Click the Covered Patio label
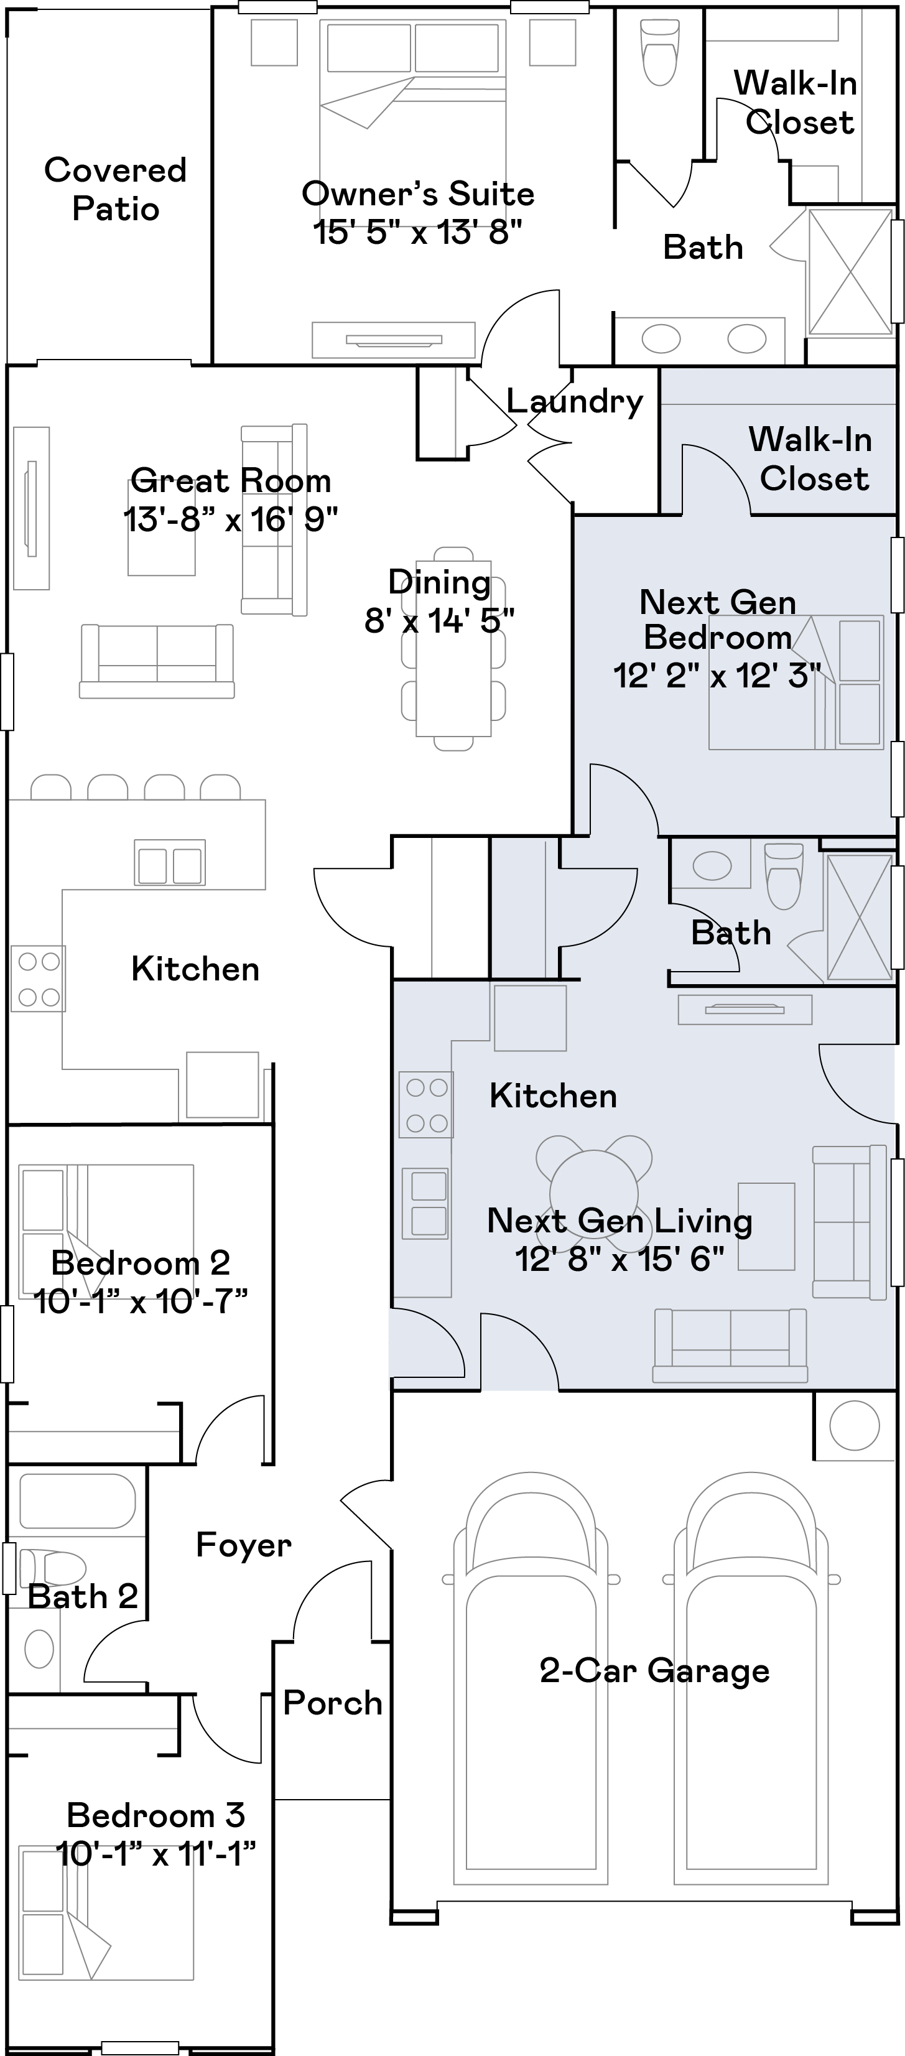tap(115, 189)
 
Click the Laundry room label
tap(575, 401)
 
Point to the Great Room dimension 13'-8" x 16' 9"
tap(231, 519)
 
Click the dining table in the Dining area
tap(453, 648)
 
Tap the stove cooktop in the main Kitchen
tap(39, 979)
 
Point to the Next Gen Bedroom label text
tap(717, 620)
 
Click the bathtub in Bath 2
tap(77, 1500)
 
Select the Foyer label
tap(243, 1545)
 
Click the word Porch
tap(333, 1703)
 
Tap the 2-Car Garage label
tap(654, 1670)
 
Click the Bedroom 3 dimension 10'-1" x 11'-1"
tap(155, 1853)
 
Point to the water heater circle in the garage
tap(854, 1425)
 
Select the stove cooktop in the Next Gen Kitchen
tap(427, 1105)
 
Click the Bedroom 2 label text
tap(141, 1263)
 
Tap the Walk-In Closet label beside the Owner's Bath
tap(797, 102)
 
